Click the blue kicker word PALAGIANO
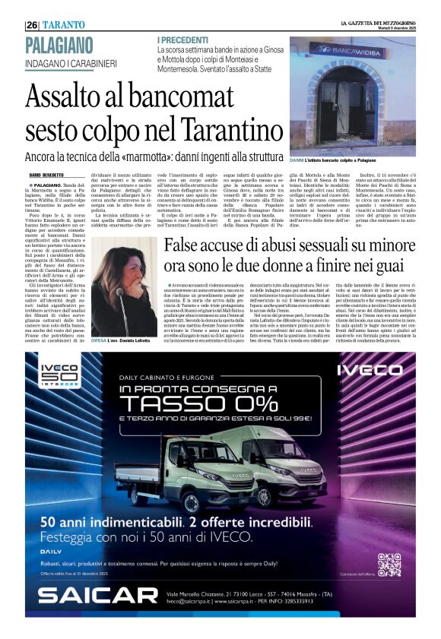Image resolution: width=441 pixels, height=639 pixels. [59, 45]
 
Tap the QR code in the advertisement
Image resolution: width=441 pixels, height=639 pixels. [389, 565]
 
